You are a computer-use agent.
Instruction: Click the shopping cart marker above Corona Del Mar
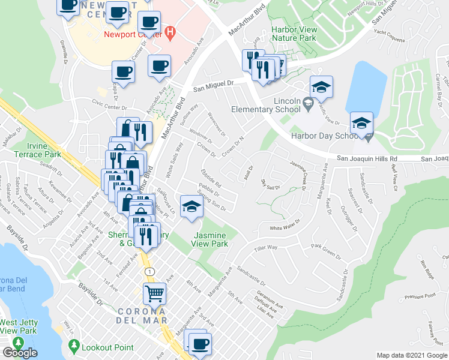pos(155,293)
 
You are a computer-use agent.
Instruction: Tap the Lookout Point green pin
pos(74,346)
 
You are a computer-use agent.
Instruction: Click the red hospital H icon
pos(170,33)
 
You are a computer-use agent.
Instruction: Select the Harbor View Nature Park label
pos(294,33)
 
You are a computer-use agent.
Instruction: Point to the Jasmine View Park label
pos(209,239)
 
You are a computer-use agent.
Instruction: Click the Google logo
pos(20,353)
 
